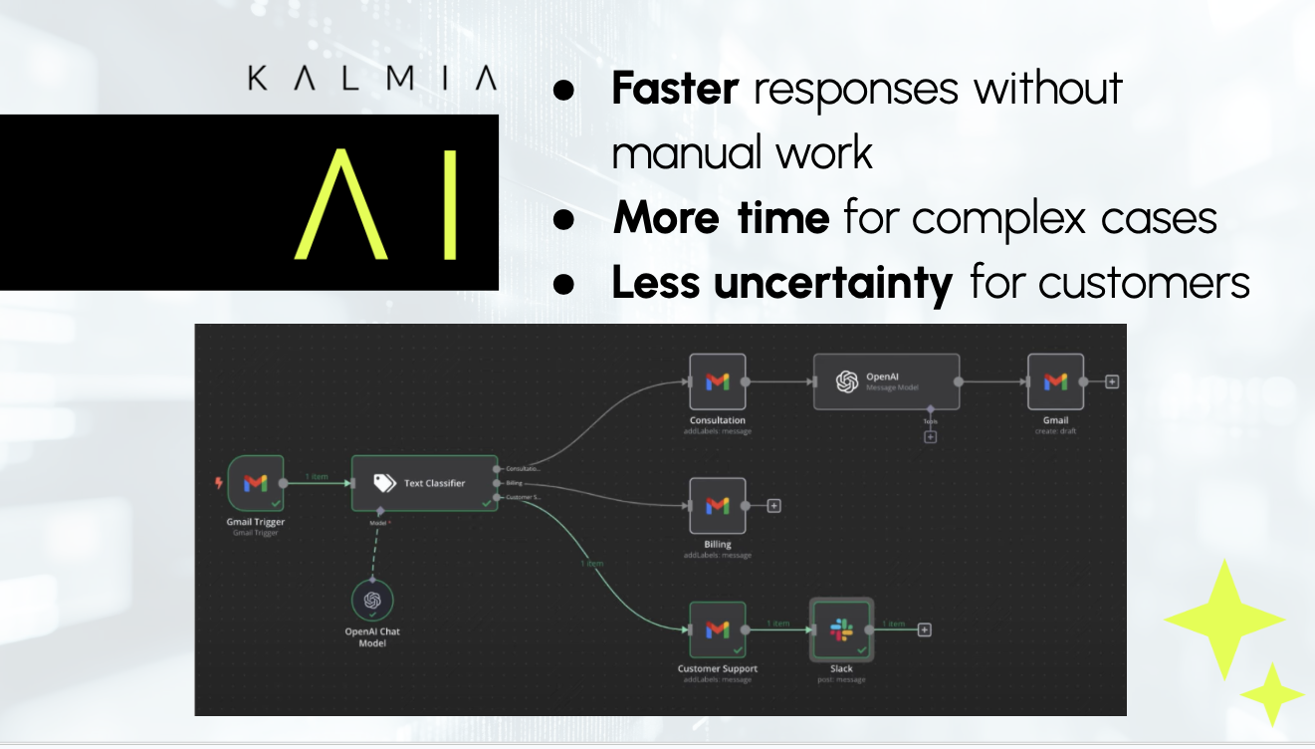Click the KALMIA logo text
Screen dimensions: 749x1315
coord(371,80)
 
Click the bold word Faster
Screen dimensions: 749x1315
coord(674,89)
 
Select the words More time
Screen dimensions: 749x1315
coord(721,218)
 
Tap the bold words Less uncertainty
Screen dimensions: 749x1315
coord(781,284)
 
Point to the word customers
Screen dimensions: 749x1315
coord(1144,284)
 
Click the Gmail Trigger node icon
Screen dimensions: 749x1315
coord(256,483)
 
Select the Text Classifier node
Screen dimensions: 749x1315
coord(425,483)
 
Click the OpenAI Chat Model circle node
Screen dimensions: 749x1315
coord(372,600)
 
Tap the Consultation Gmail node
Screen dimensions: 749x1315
coord(718,381)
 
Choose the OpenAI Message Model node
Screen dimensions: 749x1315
coord(886,381)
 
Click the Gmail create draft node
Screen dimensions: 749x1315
coord(1055,381)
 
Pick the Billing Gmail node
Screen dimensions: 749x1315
coord(718,506)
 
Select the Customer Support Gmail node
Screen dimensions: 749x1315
coord(718,629)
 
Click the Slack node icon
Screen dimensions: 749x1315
coord(842,629)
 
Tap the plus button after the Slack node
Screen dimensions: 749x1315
coord(924,629)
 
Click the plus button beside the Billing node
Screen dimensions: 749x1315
coord(774,506)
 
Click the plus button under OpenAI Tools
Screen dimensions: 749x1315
coord(930,436)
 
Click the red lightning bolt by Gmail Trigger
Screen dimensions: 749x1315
coord(219,483)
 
